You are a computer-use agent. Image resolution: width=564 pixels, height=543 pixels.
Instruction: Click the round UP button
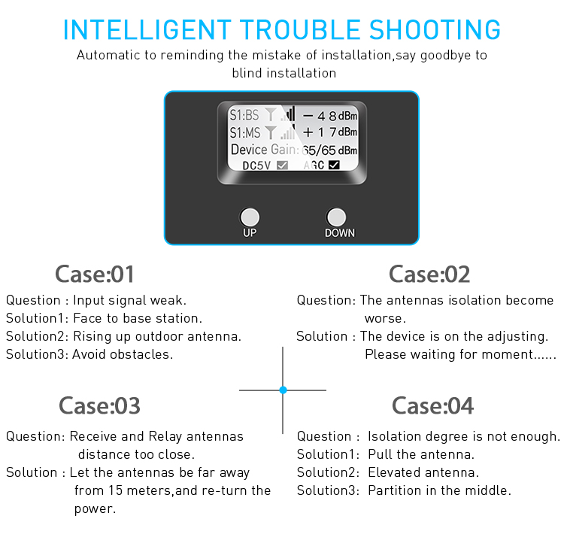(x=250, y=217)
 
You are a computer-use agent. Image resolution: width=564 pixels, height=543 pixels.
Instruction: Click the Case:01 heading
(x=95, y=274)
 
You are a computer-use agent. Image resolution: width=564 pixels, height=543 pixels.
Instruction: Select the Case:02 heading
(x=429, y=274)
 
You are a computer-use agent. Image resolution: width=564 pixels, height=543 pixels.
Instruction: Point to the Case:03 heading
(x=99, y=406)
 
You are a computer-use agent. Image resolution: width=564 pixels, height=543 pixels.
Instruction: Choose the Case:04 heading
(x=432, y=406)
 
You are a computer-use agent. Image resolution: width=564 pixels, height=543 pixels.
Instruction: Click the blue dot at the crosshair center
(x=283, y=390)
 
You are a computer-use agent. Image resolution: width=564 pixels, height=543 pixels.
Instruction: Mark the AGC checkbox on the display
(x=334, y=165)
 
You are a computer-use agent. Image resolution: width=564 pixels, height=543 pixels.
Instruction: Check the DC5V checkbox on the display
(x=282, y=165)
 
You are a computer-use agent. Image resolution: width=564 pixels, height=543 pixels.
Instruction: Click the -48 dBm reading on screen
(x=329, y=116)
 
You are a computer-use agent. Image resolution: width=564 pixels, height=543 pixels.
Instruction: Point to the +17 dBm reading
(x=329, y=132)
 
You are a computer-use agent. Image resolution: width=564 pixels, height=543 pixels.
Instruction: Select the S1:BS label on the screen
(x=244, y=116)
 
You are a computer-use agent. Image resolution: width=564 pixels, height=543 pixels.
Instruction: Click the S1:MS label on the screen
(x=245, y=132)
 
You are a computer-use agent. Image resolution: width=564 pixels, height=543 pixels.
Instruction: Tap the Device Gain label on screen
(x=263, y=150)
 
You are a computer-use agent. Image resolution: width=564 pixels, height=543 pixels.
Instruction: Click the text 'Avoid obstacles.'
(x=123, y=354)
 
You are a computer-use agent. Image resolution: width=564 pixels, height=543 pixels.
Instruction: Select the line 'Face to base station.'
(x=138, y=318)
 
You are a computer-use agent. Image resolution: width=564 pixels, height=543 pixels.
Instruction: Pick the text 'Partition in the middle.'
(x=439, y=490)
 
